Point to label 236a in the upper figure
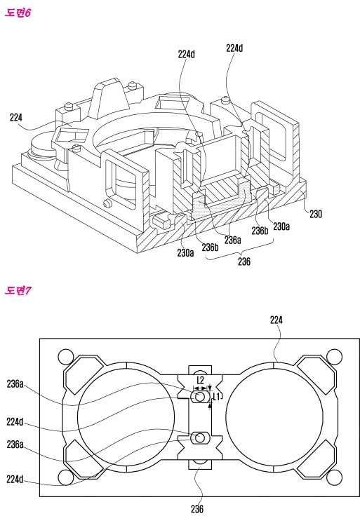232,239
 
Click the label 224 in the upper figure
17,118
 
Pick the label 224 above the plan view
276,320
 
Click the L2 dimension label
201,380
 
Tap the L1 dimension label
218,397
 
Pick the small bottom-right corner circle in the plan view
332,479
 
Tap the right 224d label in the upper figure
234,48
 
